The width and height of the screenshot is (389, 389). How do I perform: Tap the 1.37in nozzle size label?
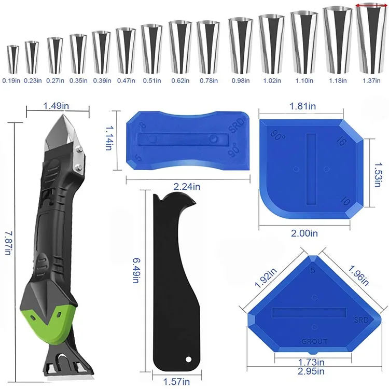coord(371,80)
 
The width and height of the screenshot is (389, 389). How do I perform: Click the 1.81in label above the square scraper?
coord(303,106)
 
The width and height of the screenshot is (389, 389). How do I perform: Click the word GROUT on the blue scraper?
coord(314,341)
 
